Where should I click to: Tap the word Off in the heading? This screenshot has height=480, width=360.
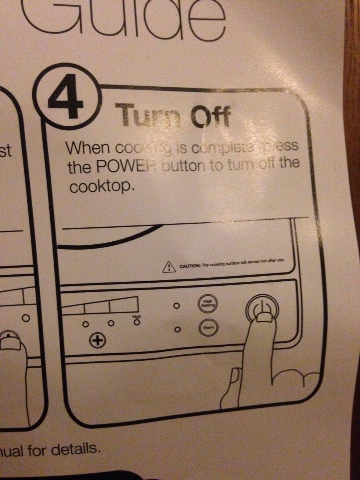210,116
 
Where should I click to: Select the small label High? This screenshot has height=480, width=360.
137,316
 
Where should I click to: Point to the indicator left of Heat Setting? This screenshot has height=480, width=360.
176,306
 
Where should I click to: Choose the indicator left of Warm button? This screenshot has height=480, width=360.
177,330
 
